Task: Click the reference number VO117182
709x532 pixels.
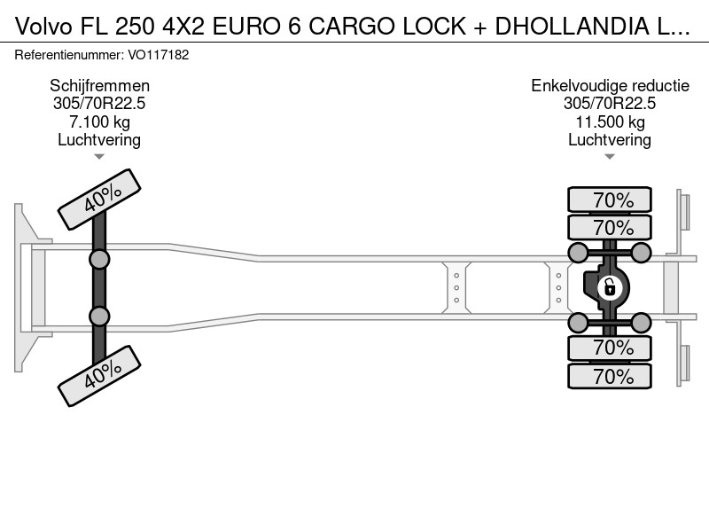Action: click(159, 55)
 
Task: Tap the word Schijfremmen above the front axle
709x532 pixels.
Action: click(99, 85)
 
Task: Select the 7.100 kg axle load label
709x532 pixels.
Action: click(99, 121)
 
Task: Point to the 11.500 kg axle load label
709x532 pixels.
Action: click(610, 121)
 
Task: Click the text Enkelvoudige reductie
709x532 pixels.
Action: click(610, 85)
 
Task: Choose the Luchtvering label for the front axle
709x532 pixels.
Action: click(99, 140)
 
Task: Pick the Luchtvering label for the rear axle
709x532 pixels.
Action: click(610, 140)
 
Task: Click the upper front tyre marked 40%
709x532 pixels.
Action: click(99, 199)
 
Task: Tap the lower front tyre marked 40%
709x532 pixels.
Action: click(99, 376)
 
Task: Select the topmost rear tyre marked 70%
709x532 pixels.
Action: click(610, 199)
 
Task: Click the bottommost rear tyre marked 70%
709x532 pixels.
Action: click(610, 376)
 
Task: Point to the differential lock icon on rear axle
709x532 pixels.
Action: click(609, 287)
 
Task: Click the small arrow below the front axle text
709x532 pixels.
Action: click(99, 157)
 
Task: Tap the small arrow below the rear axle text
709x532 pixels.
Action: click(610, 157)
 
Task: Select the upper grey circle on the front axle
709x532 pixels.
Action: click(99, 260)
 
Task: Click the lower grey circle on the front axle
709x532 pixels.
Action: click(99, 317)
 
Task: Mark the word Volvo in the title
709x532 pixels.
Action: click(43, 27)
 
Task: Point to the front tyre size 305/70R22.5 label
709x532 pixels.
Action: click(99, 104)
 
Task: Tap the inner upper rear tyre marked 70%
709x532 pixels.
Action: click(610, 227)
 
